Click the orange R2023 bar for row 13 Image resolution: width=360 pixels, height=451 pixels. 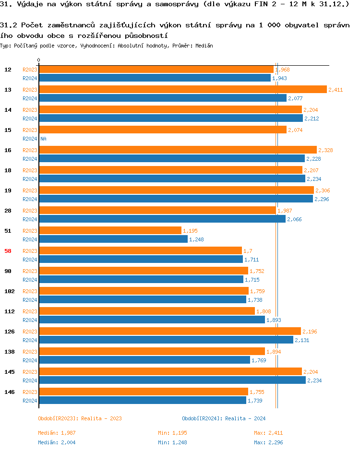pos(182,90)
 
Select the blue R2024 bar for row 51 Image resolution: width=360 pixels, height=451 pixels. pos(113,239)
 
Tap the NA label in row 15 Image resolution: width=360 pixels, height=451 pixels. pos(43,139)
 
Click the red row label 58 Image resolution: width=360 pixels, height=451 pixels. pos(8,251)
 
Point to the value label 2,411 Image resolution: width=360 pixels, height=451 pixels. pos(336,90)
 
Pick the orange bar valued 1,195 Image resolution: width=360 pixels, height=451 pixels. pos(110,231)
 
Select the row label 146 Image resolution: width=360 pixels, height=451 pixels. pos(10,392)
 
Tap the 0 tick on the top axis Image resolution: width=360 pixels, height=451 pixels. pos(39,60)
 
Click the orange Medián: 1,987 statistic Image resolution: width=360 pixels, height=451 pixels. pos(57,433)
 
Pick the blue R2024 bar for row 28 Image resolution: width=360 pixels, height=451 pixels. pos(162,219)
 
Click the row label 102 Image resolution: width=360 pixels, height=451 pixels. pos(10,291)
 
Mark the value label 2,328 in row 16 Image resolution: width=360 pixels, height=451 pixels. pos(325,150)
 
